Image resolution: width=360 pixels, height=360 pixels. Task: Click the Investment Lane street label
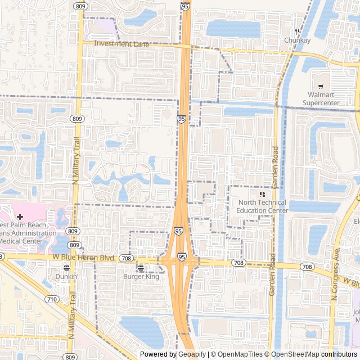click(122, 43)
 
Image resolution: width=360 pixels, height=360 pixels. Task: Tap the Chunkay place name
click(297, 40)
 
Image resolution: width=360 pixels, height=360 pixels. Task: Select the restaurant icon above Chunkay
click(297, 32)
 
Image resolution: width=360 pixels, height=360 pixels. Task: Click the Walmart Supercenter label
click(321, 99)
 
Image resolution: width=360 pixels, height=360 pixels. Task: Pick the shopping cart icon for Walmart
click(321, 87)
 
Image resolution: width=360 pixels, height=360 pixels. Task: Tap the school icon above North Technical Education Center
click(262, 194)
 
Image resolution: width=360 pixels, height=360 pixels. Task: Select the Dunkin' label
click(66, 277)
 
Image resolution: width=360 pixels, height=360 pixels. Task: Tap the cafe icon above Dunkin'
click(66, 268)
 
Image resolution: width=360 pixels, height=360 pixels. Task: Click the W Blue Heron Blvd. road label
click(84, 258)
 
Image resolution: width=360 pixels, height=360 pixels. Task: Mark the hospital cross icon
click(20, 217)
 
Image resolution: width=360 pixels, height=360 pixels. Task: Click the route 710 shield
click(52, 299)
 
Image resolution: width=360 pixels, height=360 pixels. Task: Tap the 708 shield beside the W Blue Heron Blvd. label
click(126, 259)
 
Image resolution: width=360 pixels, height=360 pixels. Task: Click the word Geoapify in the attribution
click(192, 354)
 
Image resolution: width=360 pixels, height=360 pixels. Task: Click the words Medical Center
click(21, 241)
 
